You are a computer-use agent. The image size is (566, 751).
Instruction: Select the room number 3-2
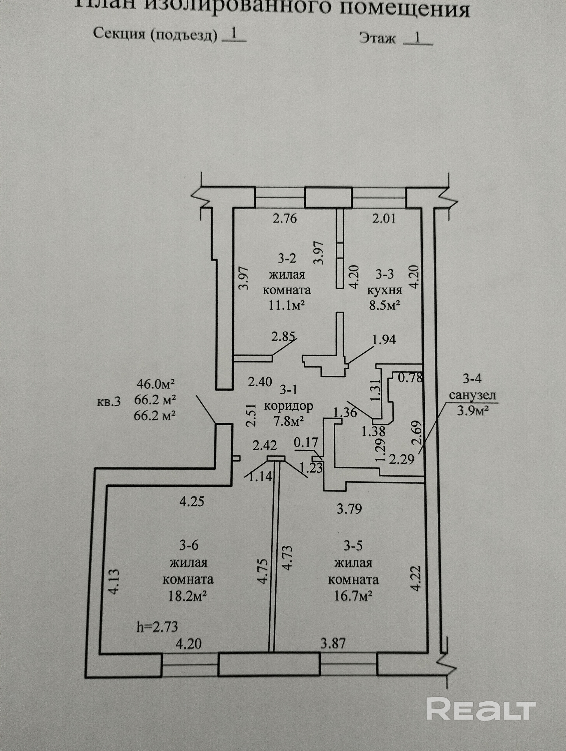click(287, 259)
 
